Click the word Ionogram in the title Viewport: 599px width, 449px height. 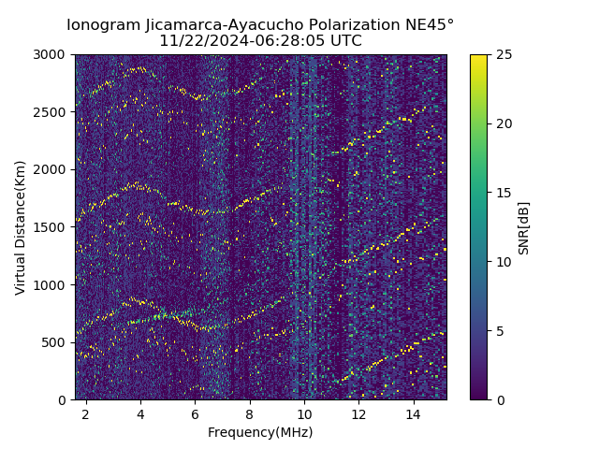(103, 24)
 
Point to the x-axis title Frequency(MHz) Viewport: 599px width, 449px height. (260, 432)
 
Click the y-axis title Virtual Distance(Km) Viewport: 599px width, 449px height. (20, 227)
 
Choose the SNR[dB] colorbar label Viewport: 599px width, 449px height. (524, 227)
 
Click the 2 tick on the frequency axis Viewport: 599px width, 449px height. (86, 413)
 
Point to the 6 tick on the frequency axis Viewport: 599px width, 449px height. (195, 413)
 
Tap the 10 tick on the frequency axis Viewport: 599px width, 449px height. (304, 413)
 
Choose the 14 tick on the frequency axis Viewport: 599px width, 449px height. (413, 413)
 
